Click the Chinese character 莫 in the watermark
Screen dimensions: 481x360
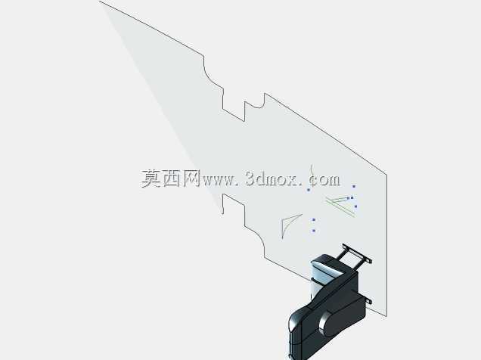pos(151,178)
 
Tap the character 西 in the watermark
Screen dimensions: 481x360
pos(172,178)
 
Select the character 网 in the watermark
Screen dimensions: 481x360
pos(192,178)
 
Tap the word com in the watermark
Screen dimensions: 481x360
pos(324,180)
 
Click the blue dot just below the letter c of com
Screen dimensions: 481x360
pos(309,190)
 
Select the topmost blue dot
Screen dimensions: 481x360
pos(354,186)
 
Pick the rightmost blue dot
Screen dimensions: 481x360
pos(356,206)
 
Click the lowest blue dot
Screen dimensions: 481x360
pos(314,230)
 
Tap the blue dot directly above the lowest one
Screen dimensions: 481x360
pos(314,219)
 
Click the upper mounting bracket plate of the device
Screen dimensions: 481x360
pos(357,253)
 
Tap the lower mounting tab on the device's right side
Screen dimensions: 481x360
pos(368,300)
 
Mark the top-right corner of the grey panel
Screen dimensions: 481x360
pos(386,175)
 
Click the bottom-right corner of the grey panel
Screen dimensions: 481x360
pos(386,316)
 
